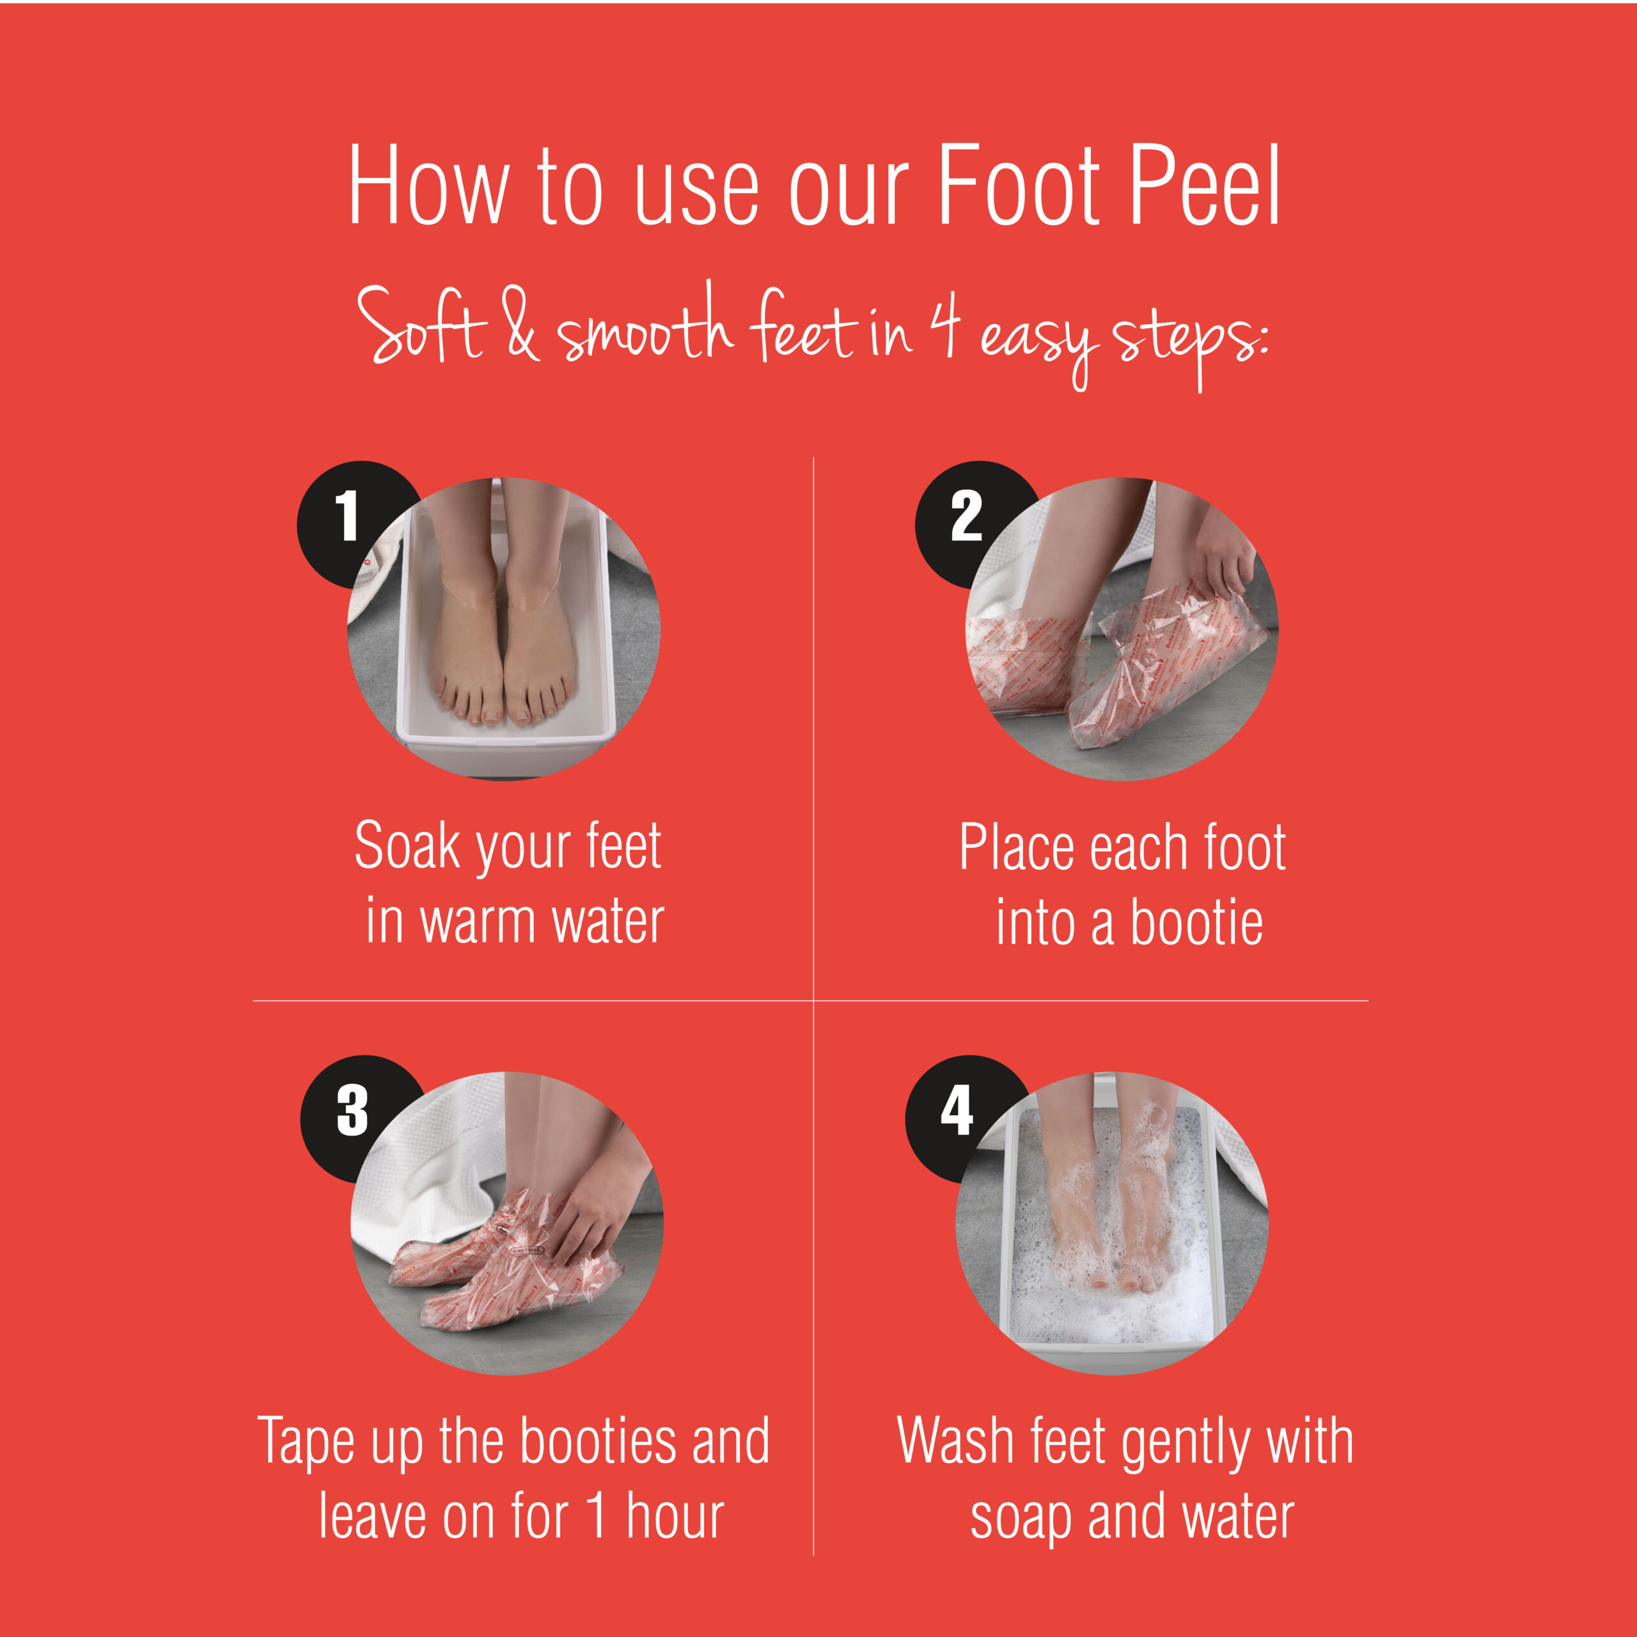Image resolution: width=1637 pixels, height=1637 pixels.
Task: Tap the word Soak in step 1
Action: point(407,845)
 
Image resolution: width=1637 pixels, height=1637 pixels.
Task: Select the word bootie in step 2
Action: point(1196,922)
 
